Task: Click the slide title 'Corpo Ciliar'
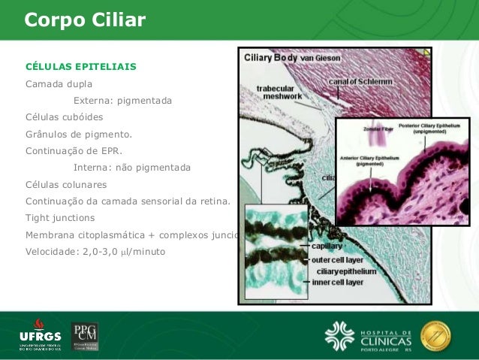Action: (x=85, y=20)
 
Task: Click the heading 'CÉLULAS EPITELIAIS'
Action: (x=81, y=66)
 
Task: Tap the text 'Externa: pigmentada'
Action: (x=122, y=100)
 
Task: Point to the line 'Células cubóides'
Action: (x=65, y=117)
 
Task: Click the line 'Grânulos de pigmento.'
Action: (x=79, y=135)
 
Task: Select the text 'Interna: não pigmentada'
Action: (x=131, y=167)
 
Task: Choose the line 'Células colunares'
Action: (x=66, y=184)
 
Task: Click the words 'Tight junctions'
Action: (x=60, y=218)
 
